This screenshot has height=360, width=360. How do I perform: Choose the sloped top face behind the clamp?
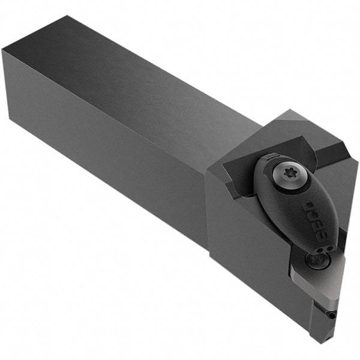282,129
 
